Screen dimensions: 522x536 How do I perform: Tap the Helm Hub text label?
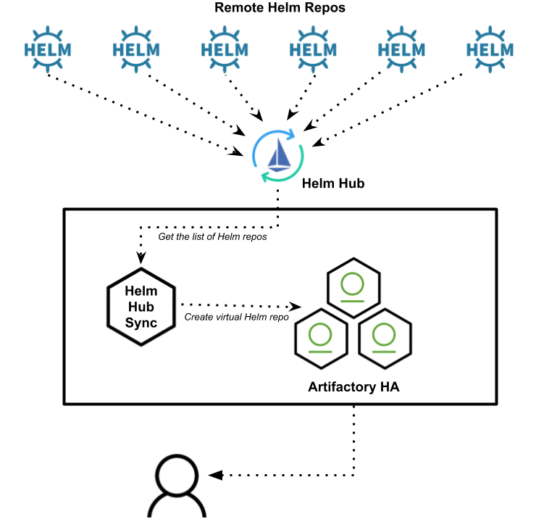coord(333,183)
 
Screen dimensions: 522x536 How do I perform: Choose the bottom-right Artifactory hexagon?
coord(385,338)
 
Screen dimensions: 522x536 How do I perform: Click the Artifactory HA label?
coord(353,387)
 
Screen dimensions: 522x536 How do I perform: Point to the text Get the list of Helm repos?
coord(213,237)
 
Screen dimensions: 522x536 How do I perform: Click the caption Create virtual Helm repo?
coord(237,317)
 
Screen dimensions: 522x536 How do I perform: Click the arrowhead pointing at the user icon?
coord(213,476)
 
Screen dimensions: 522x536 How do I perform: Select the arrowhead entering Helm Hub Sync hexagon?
coord(141,258)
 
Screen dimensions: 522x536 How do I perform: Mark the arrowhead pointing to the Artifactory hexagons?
coord(296,307)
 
